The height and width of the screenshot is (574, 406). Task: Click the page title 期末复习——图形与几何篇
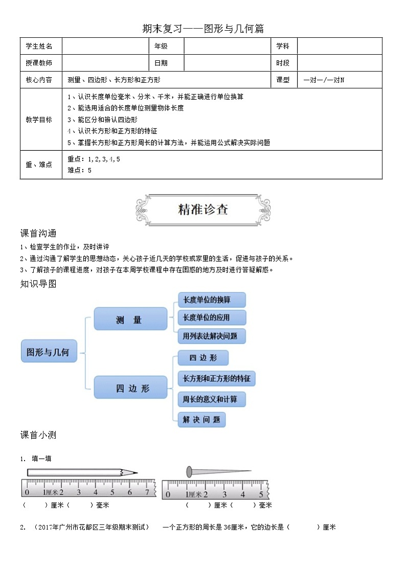tap(203, 29)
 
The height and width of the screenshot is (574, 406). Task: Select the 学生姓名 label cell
tap(39, 46)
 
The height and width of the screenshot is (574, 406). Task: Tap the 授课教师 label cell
tap(39, 63)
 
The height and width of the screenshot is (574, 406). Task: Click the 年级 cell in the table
tap(161, 46)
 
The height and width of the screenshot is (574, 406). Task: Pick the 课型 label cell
tap(283, 80)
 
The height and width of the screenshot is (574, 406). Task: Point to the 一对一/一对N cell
tap(324, 80)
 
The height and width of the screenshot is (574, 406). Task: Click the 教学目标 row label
tap(39, 120)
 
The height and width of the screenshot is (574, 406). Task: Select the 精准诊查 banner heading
tap(202, 210)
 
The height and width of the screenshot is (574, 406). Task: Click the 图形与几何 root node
tap(49, 352)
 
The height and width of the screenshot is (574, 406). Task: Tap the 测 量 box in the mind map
tap(130, 319)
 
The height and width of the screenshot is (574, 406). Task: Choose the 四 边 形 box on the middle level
tap(130, 388)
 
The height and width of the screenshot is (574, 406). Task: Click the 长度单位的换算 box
tap(211, 300)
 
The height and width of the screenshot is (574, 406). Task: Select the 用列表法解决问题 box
tap(211, 336)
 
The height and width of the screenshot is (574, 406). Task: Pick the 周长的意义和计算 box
tap(211, 399)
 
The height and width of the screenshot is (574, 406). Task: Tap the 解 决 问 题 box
tap(202, 420)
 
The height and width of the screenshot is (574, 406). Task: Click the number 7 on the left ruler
tap(147, 492)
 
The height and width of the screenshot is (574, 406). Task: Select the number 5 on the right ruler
tap(261, 494)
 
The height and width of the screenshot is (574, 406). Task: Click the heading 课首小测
tap(38, 435)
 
